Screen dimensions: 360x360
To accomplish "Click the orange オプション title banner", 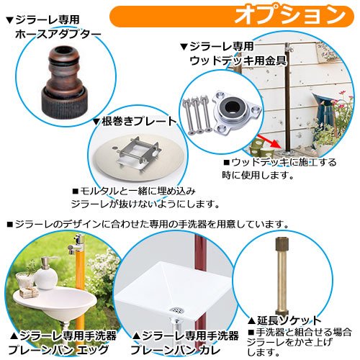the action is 232,16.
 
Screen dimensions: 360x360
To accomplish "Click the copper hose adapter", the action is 66,83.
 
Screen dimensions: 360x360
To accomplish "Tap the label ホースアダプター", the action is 58,35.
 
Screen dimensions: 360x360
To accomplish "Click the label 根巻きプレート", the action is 139,121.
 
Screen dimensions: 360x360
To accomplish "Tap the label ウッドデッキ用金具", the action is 238,60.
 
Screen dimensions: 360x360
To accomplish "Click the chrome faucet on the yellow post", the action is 78,245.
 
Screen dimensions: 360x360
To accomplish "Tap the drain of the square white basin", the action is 176,310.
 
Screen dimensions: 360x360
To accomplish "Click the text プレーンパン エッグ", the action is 58,350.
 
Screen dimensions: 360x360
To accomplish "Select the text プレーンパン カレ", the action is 175,350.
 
